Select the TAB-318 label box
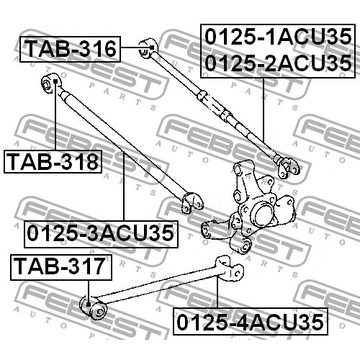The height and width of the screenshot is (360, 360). coord(53,161)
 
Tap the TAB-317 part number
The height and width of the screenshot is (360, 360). coord(61,267)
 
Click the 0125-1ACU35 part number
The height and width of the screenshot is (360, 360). coord(278,37)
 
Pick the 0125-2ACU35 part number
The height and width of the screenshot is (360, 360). coord(278,63)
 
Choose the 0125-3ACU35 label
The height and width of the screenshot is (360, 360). coord(101,234)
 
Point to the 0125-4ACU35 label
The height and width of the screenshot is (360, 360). coord(251,322)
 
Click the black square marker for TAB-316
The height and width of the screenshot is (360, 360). coord(152,48)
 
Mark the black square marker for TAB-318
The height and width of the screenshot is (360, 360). coord(55,81)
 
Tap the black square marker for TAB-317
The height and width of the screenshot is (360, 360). coord(89,305)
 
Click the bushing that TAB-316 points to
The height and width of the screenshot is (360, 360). coord(148,48)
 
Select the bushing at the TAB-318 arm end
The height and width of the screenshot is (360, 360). coord(51,83)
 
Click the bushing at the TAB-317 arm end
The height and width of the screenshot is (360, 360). coord(93,307)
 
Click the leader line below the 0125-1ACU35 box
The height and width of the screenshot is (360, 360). coord(264,110)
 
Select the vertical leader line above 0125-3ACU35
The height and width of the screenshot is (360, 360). coord(124,186)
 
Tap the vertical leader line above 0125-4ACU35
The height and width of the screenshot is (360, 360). coord(217,292)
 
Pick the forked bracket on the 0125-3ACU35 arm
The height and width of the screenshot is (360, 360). coord(192,203)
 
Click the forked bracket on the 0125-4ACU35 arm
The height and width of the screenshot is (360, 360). coord(230,267)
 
